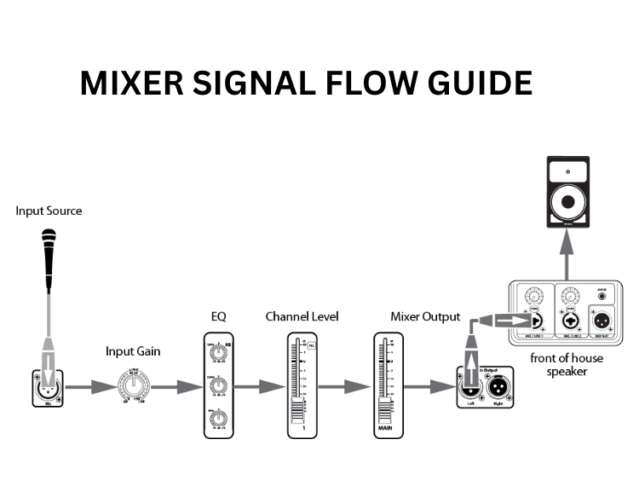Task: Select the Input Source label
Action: click(49, 211)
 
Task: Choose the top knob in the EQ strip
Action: click(219, 351)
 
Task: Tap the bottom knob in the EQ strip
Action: click(219, 418)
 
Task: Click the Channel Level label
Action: click(302, 316)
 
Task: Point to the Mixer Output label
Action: click(424, 316)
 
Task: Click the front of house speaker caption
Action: click(564, 364)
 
